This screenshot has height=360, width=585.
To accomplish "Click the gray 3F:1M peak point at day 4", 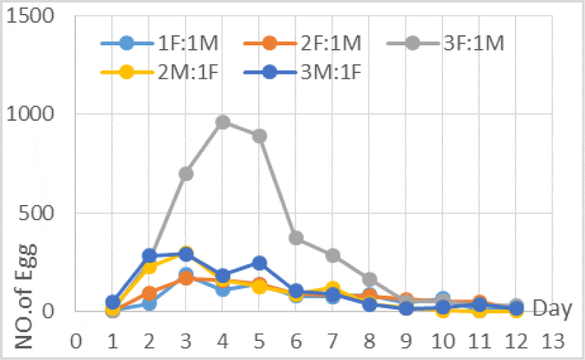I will pyautogui.click(x=223, y=121).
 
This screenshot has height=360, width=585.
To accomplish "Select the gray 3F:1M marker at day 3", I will pyautogui.click(x=186, y=173).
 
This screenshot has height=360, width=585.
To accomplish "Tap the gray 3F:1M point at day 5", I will pyautogui.click(x=260, y=135).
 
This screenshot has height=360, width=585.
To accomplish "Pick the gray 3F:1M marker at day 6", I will pyautogui.click(x=296, y=238).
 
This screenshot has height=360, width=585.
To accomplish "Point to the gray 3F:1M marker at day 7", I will pyautogui.click(x=333, y=255).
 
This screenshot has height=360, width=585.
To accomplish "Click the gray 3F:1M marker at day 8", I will pyautogui.click(x=369, y=279).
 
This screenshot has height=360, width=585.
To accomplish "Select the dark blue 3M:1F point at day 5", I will pyautogui.click(x=260, y=263).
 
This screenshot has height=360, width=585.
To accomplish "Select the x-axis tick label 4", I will pyautogui.click(x=223, y=342).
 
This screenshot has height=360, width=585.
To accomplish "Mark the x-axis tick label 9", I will pyautogui.click(x=406, y=342).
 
